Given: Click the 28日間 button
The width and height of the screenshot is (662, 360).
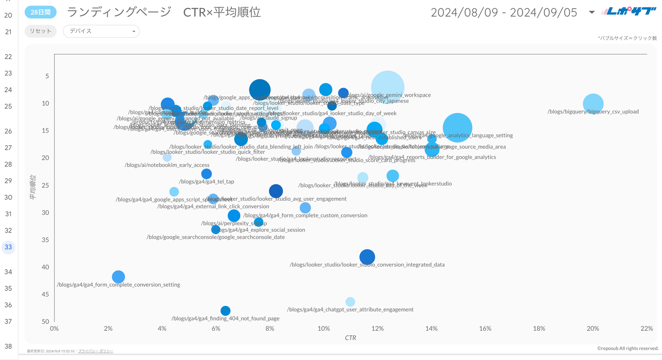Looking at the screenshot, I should click(40, 12).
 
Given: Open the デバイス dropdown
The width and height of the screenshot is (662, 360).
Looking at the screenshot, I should click(101, 31).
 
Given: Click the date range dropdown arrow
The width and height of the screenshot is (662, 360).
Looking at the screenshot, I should click(591, 12).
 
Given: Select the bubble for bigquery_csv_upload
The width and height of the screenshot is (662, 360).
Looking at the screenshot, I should click(593, 104).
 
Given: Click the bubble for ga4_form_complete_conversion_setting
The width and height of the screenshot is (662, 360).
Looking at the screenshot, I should click(118, 277).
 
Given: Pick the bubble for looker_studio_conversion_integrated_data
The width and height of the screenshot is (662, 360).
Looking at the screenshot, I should click(367, 257).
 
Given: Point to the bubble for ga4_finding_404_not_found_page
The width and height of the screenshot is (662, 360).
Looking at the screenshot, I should click(225, 311).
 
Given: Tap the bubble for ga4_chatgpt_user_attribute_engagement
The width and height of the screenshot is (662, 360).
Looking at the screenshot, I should click(350, 302).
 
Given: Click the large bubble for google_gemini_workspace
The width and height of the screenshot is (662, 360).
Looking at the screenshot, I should click(388, 87).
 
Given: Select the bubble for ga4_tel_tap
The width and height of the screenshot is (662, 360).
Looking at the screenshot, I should click(206, 174).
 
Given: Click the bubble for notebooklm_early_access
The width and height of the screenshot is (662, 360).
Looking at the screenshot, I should click(167, 158).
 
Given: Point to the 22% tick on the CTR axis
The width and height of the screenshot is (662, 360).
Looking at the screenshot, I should click(646, 328).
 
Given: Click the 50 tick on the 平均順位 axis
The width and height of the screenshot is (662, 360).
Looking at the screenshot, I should click(45, 322).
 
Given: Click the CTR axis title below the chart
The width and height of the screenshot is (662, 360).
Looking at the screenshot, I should click(350, 338).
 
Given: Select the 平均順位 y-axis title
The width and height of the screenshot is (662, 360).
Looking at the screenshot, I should click(33, 187).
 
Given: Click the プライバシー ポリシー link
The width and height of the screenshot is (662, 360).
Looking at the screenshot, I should click(96, 351).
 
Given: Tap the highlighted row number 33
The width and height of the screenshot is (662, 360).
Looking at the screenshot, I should click(8, 247).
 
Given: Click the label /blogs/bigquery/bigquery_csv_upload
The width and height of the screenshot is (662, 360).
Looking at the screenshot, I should click(593, 112).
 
